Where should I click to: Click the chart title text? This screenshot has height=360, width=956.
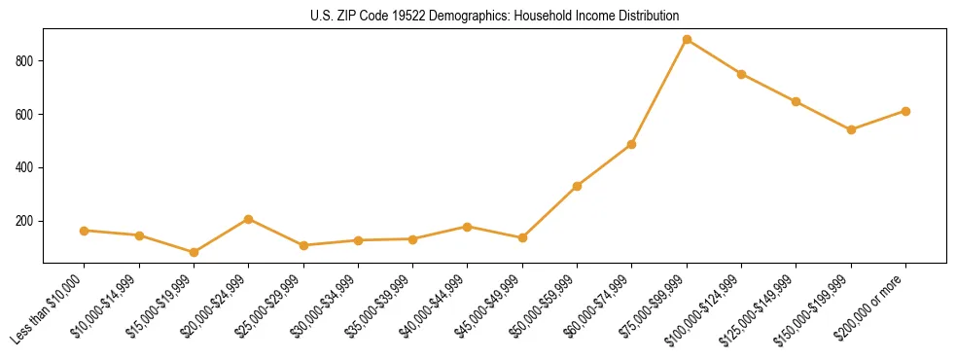tap(478, 16)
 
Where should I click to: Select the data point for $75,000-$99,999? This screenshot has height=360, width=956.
tap(687, 40)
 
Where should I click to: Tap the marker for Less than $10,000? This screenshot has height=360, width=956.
tap(85, 231)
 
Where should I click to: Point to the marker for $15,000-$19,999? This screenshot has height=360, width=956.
tap(194, 252)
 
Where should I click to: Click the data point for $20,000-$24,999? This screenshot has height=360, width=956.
tap(249, 219)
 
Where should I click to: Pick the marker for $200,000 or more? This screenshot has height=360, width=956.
tap(905, 111)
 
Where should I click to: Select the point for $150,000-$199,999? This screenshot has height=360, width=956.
tap(851, 129)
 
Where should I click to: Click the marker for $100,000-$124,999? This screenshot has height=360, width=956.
tap(741, 74)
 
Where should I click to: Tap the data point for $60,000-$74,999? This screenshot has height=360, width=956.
tap(632, 144)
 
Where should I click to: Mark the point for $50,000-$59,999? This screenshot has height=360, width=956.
tap(577, 186)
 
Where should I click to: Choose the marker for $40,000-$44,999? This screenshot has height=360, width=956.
tap(468, 227)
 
